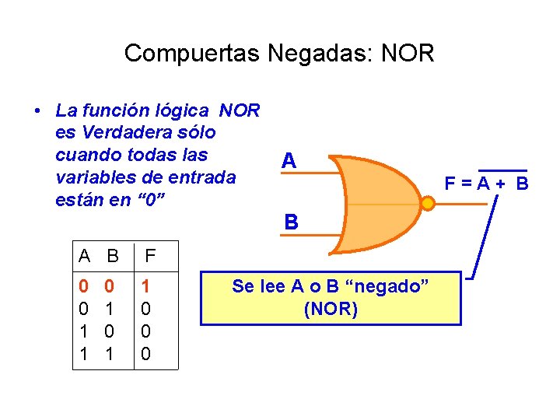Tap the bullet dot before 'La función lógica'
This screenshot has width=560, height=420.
click(37, 111)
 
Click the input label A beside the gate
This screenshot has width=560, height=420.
click(289, 161)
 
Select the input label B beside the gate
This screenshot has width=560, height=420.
click(291, 222)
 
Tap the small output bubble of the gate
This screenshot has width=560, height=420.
click(428, 205)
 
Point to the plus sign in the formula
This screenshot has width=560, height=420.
click(500, 184)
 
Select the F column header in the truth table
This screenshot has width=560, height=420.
click(151, 255)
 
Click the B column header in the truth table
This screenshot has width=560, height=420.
click(113, 255)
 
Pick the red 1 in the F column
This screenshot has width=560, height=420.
click(145, 287)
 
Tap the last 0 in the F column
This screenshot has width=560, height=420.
click(145, 355)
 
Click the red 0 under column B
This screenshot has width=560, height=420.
click(110, 287)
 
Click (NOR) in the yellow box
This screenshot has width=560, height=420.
click(331, 310)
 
